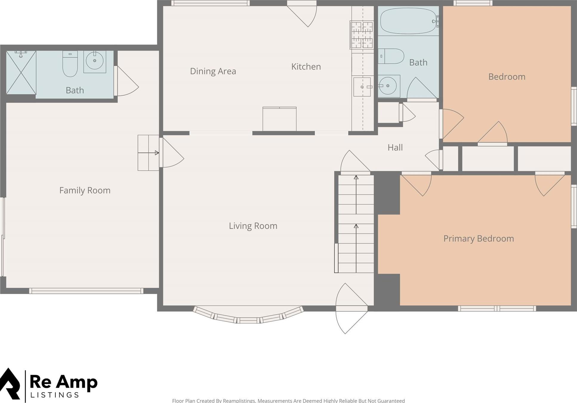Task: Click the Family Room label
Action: tap(85, 190)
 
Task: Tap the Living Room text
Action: tap(253, 226)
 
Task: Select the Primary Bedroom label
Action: tap(479, 239)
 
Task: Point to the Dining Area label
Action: tap(213, 71)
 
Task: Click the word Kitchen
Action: tap(306, 67)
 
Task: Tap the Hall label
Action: tap(395, 148)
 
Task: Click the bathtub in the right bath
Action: tap(408, 21)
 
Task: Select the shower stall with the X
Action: tap(21, 73)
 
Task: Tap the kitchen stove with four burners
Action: tap(362, 35)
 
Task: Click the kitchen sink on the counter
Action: tap(362, 87)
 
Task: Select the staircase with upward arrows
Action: tap(356, 224)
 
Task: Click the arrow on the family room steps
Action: tap(148, 153)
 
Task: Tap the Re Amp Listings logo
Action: tap(49, 385)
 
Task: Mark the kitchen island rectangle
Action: tap(279, 119)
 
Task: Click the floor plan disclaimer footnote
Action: tap(288, 400)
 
